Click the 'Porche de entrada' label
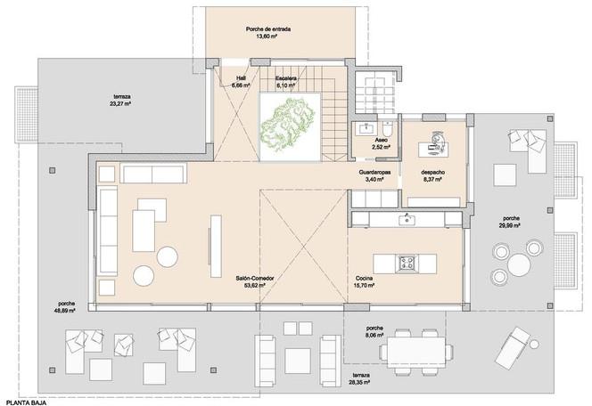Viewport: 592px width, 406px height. (268, 29)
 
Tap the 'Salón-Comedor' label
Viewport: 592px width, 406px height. (255, 278)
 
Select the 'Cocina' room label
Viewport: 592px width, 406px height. (365, 278)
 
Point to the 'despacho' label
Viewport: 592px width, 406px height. (432, 172)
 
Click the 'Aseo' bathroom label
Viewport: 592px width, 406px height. (381, 140)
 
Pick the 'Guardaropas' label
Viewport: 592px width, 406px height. (374, 172)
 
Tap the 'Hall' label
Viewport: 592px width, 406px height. (242, 78)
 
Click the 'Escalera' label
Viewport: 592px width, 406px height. (286, 78)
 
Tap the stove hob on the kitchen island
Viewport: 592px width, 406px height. (407, 263)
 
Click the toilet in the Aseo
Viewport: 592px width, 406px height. (388, 129)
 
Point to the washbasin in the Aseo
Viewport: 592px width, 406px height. (366, 128)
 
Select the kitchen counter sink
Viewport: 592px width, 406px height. (407, 219)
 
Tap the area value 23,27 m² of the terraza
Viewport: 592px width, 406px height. (122, 103)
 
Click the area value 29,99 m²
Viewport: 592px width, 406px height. (511, 225)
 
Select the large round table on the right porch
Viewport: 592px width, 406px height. (518, 264)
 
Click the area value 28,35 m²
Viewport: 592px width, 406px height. (360, 382)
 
